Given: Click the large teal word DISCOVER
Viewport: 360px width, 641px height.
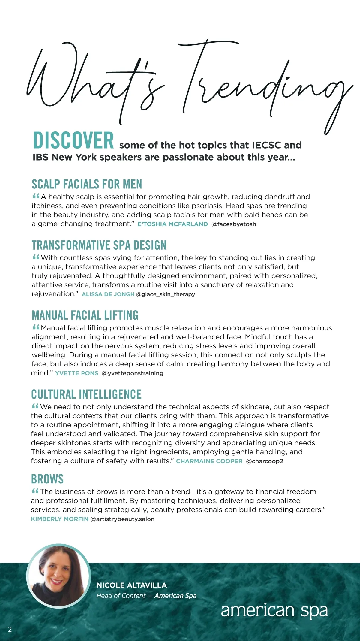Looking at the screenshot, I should coord(73,140).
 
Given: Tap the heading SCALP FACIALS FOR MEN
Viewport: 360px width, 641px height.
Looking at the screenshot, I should coord(87,184).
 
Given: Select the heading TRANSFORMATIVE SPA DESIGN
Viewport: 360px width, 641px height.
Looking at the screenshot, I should coord(99,245).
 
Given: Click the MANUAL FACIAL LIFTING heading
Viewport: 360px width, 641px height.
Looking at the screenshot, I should coord(85,315).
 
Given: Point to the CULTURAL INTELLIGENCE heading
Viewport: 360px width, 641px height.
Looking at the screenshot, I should coord(86,394).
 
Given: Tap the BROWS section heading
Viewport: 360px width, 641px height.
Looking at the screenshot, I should coord(47,479).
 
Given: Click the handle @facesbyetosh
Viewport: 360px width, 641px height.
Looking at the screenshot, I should coord(234,224).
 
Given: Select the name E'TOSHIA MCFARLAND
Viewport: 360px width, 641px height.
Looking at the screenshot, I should coord(172,224).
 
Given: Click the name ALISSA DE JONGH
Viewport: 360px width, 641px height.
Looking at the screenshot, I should coord(108,294).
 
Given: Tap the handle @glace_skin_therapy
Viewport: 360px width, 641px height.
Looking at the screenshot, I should coord(166,294).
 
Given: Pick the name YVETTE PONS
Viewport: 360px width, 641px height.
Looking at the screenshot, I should coord(77,373).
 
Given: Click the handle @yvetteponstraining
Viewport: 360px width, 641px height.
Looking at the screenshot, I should coord(133,373).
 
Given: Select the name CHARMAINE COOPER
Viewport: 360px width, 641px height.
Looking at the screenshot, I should coord(209,461).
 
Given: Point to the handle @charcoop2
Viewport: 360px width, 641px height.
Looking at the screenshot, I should coord(265,461).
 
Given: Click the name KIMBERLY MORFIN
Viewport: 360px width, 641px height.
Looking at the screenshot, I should coord(60,519).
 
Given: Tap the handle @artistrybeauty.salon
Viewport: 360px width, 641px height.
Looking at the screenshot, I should coord(122,519).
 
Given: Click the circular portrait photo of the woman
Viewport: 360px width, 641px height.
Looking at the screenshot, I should coord(58,576).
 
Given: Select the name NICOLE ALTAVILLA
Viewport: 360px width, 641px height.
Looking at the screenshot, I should coord(132,585).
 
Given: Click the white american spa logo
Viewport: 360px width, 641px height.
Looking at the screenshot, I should coord(274,610).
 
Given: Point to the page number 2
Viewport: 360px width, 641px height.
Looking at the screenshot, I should coord(10,629).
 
